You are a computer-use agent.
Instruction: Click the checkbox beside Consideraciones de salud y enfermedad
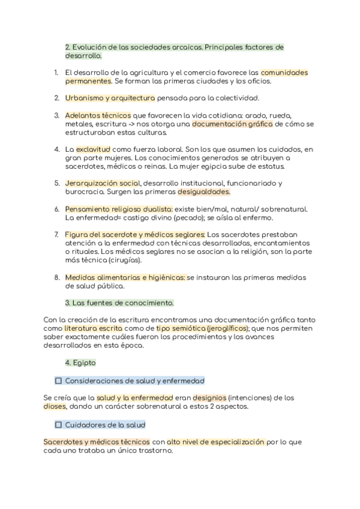pyautogui.click(x=58, y=381)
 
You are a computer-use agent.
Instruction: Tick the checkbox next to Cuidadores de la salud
pyautogui.click(x=58, y=425)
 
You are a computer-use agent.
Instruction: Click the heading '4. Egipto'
pyautogui.click(x=80, y=363)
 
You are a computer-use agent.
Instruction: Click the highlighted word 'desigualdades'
pyautogui.click(x=204, y=191)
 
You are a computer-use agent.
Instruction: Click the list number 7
pyautogui.click(x=56, y=234)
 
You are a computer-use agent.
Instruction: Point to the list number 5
pyautogui.click(x=56, y=183)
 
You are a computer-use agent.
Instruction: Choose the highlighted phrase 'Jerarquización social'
pyautogui.click(x=103, y=183)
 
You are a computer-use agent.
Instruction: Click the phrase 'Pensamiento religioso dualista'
pyautogui.click(x=118, y=209)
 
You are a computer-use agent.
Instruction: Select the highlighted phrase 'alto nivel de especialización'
pyautogui.click(x=216, y=442)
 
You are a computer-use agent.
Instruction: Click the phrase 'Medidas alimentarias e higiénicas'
pyautogui.click(x=125, y=277)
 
